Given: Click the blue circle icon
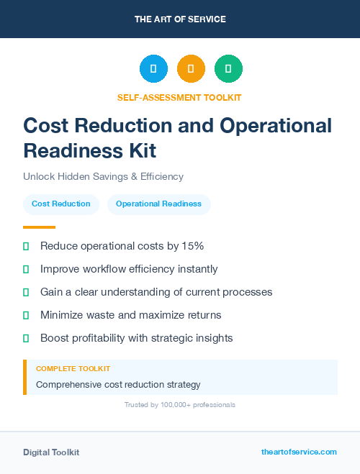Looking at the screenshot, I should point(153,69).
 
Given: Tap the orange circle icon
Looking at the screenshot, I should point(191,69).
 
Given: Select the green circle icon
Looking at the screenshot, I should point(228,69).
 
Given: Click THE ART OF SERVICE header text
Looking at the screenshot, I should point(180,19).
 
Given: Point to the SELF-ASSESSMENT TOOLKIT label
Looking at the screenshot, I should point(180,97).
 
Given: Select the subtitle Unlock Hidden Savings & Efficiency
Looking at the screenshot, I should point(103,176).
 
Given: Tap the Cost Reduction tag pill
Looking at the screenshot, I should point(61,204).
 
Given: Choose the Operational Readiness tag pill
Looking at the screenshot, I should point(158,204).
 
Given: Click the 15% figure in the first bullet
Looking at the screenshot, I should point(192,246).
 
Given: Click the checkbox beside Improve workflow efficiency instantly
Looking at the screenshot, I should point(26,269).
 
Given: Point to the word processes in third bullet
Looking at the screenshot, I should point(248,292).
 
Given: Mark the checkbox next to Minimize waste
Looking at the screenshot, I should point(26,315).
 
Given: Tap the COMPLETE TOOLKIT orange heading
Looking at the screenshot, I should point(73,368).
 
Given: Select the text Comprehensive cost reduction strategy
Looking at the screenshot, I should point(118,384).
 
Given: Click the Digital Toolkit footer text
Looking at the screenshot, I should point(51,452).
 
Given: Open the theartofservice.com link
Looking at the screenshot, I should point(299,452).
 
